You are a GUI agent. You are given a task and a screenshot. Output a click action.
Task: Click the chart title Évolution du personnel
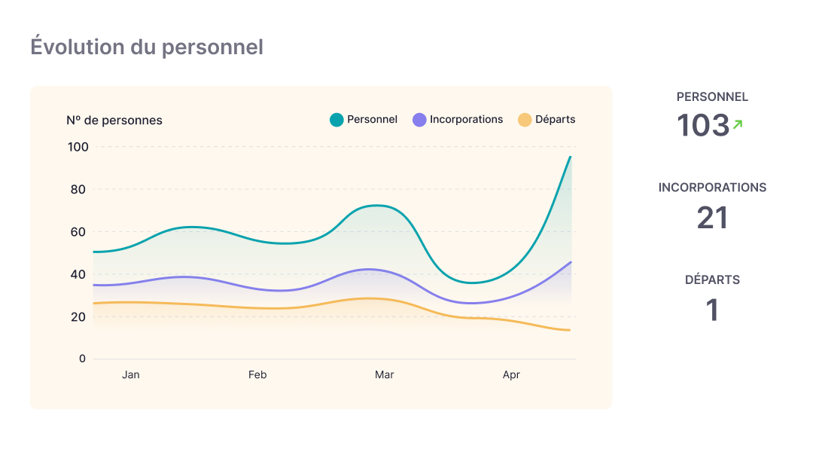point(147,47)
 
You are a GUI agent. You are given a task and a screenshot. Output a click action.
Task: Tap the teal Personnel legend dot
point(336,120)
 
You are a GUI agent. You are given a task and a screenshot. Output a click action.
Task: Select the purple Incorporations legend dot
point(419,120)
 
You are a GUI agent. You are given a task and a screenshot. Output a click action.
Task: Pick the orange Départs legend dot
point(525,120)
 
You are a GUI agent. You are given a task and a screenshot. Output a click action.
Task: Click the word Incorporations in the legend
point(466,119)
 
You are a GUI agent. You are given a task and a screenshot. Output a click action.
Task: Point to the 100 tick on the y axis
point(78,147)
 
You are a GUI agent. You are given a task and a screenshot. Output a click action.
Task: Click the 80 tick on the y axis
point(78,189)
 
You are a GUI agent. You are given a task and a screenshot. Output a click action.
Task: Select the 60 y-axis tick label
point(78,231)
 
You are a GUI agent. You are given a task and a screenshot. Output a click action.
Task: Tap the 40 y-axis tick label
point(78,274)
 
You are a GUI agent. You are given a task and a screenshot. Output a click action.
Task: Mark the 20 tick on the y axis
point(78,316)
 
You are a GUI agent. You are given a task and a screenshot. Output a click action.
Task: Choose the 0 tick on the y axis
point(82,359)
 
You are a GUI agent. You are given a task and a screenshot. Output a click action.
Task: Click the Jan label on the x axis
point(131,374)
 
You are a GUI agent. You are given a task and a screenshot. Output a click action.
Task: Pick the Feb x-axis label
point(257,374)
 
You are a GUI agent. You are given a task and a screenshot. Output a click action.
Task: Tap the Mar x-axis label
point(384,374)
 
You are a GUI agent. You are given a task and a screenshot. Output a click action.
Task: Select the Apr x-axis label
point(511,374)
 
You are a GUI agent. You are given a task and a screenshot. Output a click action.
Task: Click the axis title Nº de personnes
point(114,121)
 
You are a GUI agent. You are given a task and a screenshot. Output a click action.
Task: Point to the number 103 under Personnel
point(703,126)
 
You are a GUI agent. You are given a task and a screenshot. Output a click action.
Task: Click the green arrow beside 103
point(738,124)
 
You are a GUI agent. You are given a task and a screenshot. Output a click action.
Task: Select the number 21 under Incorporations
point(712,218)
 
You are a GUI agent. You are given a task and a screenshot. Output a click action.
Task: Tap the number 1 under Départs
point(712,310)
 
